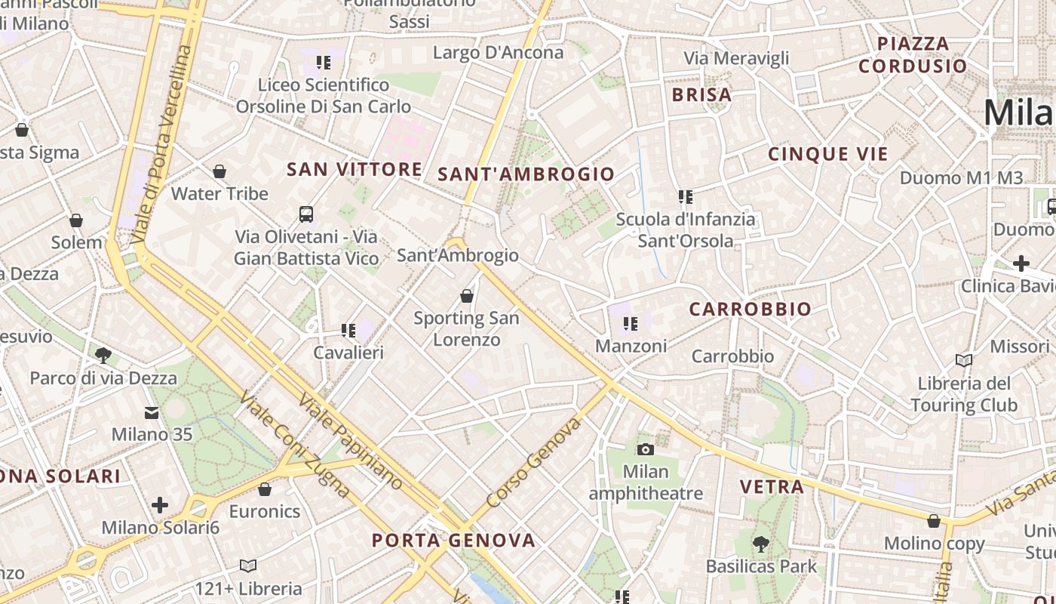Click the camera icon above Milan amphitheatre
[x=646, y=450]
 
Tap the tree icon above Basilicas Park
[x=761, y=544]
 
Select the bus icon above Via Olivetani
[x=306, y=214]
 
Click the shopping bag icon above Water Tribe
[x=219, y=172]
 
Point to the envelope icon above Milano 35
[x=152, y=413]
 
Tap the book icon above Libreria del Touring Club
[x=964, y=360]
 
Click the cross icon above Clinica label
[x=1021, y=263]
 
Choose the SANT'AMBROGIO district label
[x=526, y=174]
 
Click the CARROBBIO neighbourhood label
[x=750, y=309]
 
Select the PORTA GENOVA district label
[x=454, y=541]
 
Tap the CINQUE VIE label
[x=828, y=155]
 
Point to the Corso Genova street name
[x=534, y=463]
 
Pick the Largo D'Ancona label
[x=498, y=53]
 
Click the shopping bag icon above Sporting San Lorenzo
[x=467, y=296]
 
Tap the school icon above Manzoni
[x=631, y=324]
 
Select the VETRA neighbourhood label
[x=772, y=487]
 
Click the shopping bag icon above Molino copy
[x=934, y=521]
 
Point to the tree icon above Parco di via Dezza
[x=103, y=355]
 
